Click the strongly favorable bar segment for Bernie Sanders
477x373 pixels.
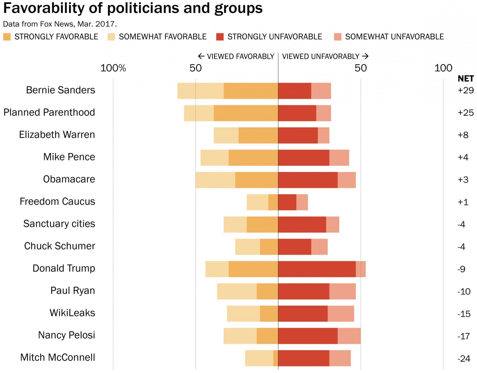coord(251,91)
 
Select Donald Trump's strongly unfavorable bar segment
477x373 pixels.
coord(317,269)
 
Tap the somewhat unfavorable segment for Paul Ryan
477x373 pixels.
coord(342,291)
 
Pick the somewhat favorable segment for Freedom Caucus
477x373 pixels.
coord(257,202)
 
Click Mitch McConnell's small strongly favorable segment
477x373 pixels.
coord(275,358)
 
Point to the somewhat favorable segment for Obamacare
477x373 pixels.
coord(215,180)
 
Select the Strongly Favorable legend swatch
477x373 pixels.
coord(7,37)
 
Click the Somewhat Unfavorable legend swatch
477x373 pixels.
coord(337,37)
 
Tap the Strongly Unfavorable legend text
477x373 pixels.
coord(274,37)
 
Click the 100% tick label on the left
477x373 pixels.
coord(113,68)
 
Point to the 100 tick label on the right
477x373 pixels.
coord(443,68)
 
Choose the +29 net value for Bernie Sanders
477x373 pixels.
coord(465,90)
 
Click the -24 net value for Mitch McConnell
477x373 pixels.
coord(464,359)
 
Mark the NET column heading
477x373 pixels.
coord(465,79)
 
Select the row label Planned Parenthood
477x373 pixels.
coord(49,113)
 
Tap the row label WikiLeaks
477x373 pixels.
coord(72,313)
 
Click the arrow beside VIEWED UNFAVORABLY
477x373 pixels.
coord(365,56)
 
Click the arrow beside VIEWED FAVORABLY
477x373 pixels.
coord(201,56)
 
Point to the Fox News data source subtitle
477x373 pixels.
coord(60,24)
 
